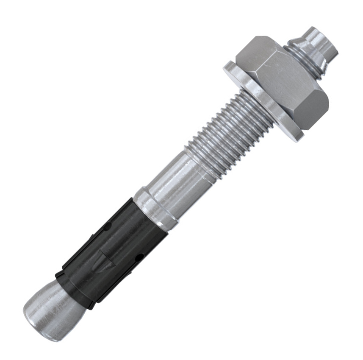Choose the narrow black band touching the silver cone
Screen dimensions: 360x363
click(x=74, y=288)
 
